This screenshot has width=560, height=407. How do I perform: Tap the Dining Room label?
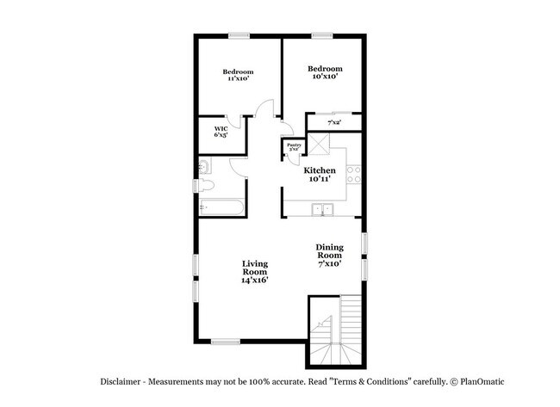click(x=329, y=255)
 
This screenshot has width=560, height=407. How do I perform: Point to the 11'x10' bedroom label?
click(x=238, y=75)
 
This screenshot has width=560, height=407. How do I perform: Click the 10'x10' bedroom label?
click(x=325, y=72)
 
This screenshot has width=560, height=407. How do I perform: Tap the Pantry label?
click(x=293, y=148)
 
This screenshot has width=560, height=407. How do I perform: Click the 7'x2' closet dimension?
click(x=333, y=124)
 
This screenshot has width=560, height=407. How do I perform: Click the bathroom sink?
click(x=203, y=166)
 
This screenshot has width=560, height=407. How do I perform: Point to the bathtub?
click(x=221, y=207)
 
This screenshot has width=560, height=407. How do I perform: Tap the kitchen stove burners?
click(x=352, y=176)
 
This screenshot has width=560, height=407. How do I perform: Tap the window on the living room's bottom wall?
click(x=226, y=342)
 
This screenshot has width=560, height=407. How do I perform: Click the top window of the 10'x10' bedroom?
click(x=322, y=35)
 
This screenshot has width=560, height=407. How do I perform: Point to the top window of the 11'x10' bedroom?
click(x=239, y=35)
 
